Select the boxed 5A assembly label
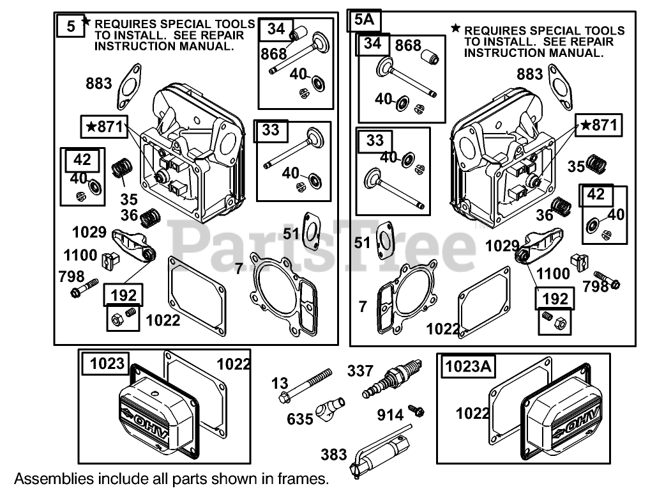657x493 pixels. [364, 20]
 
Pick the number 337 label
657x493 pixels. [360, 370]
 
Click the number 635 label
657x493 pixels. [300, 419]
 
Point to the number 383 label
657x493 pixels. [334, 455]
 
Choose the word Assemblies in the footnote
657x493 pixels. [46, 478]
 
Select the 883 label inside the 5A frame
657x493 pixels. [530, 74]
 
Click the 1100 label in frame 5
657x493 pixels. [80, 255]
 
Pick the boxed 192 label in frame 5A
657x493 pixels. [554, 298]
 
